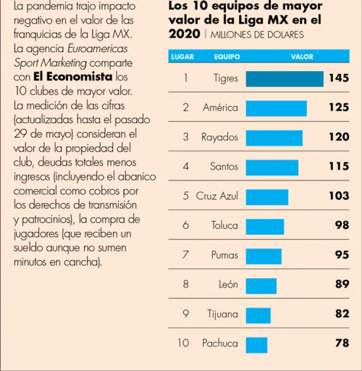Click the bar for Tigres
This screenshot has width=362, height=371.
[284, 79]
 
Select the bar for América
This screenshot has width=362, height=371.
[276, 108]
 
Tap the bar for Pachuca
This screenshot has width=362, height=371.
[256, 344]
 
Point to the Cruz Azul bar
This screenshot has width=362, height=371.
[267, 197]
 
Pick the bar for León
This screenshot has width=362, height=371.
[261, 285]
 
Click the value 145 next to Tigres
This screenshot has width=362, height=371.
[338, 78]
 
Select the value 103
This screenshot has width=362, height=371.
[338, 196]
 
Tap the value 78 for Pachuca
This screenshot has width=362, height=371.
[342, 343]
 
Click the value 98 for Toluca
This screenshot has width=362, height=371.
[342, 225]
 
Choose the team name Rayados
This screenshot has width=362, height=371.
[220, 137]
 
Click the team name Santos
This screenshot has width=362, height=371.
[224, 167]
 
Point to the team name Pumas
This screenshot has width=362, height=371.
[224, 255]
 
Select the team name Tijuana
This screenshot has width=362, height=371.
[223, 314]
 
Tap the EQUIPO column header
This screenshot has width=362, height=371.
[227, 57]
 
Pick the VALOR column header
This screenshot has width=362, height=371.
[302, 57]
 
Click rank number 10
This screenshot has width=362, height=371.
[183, 343]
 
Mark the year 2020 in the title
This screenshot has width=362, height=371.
[184, 34]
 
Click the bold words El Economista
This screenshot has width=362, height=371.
[72, 77]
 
